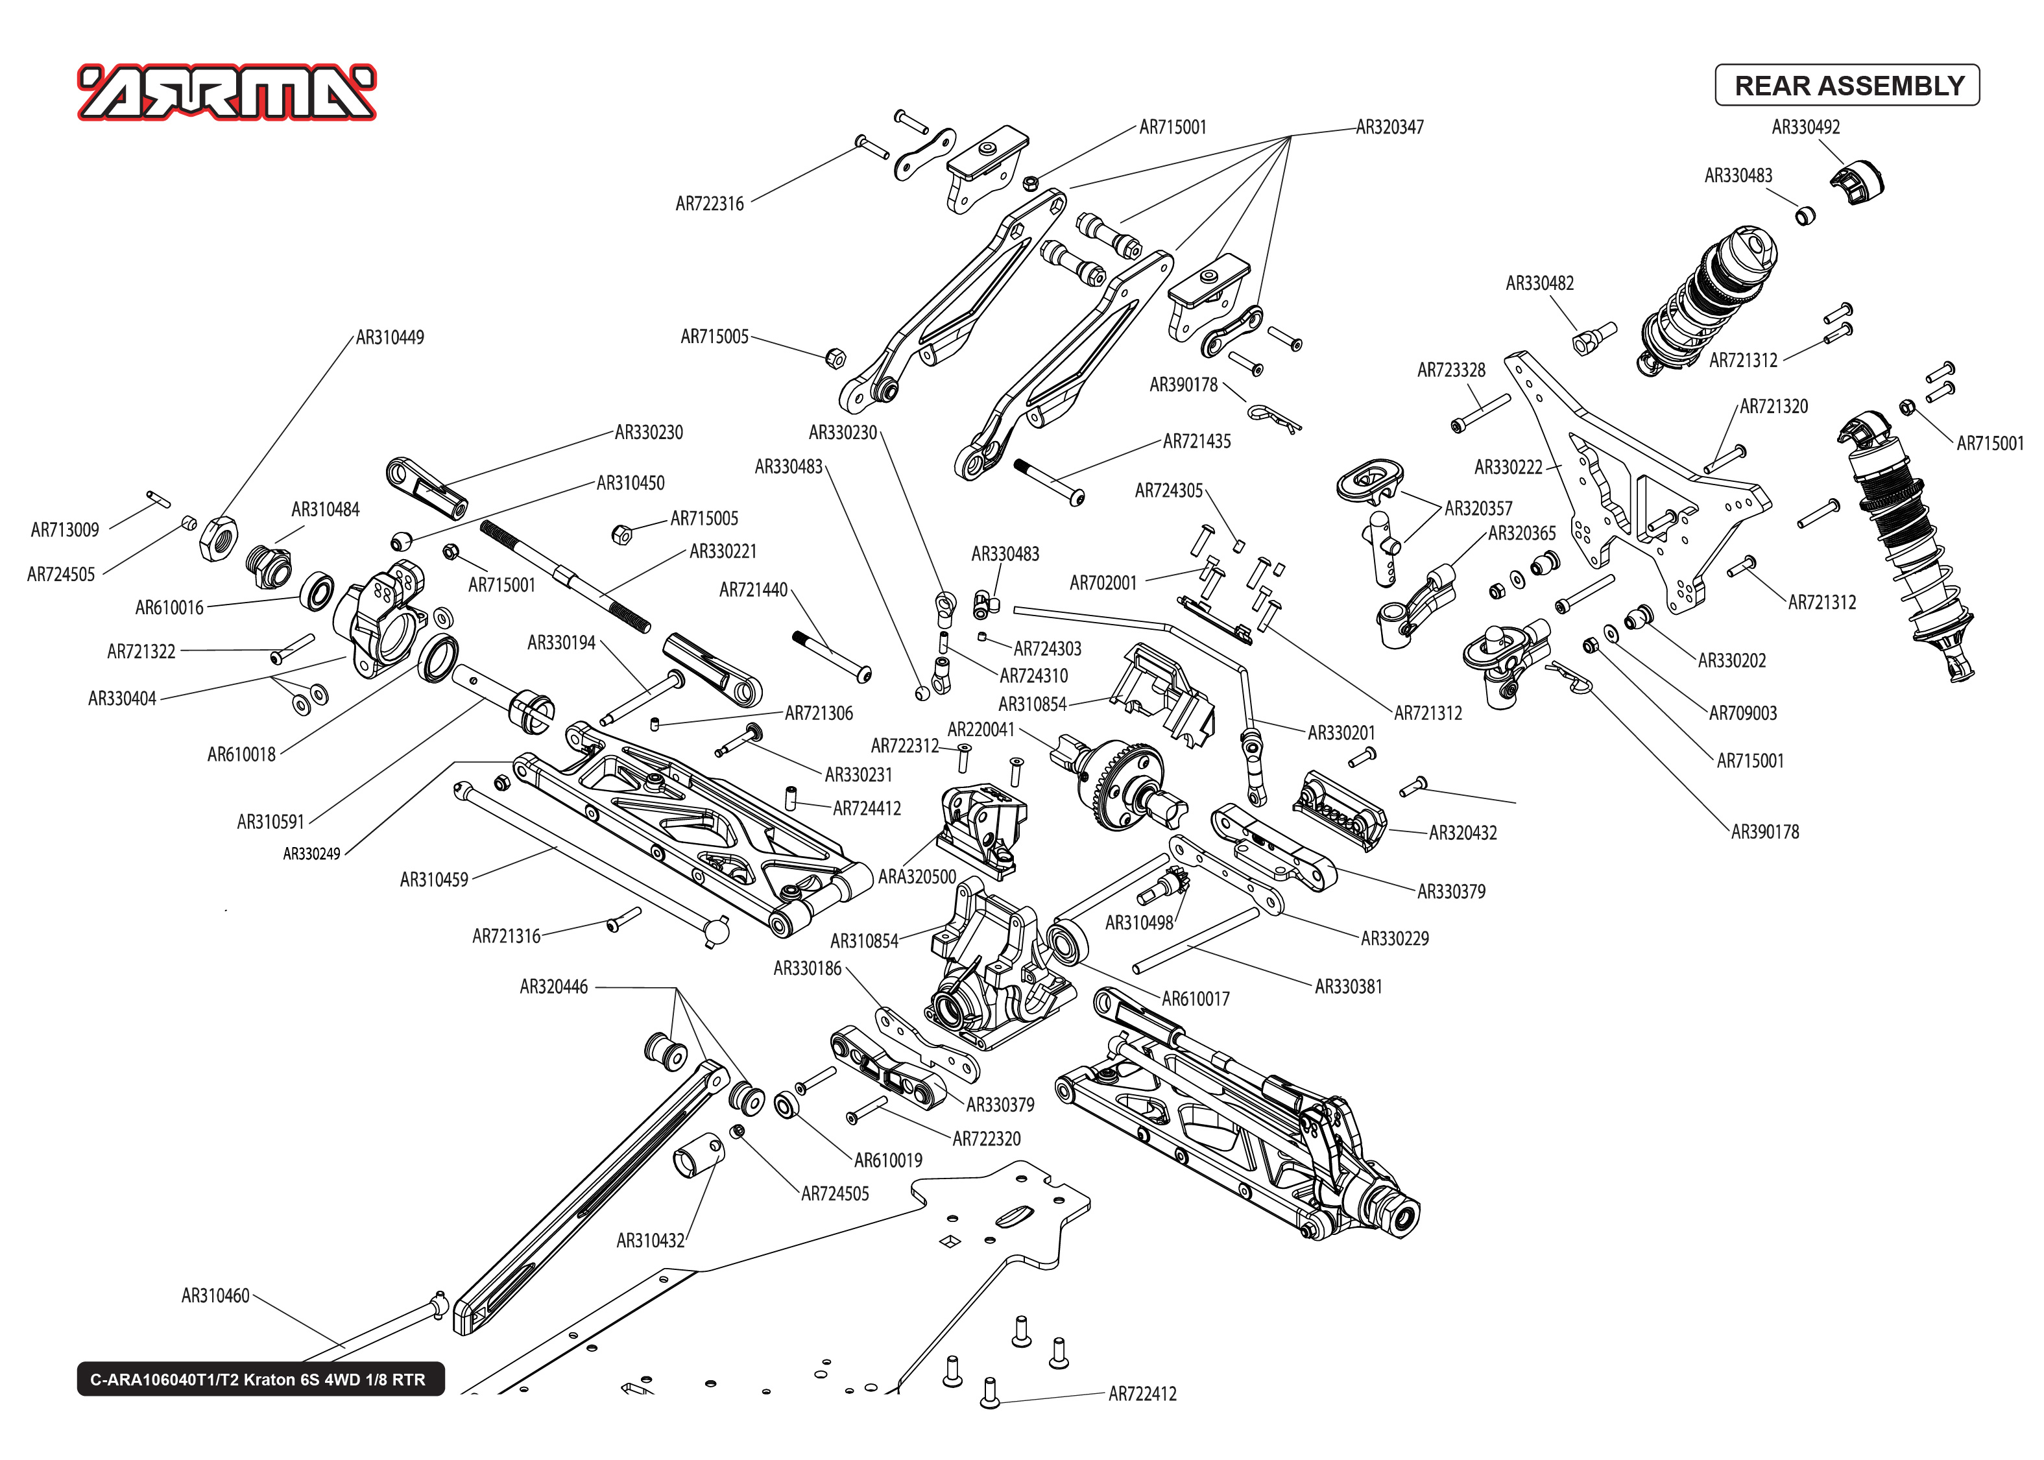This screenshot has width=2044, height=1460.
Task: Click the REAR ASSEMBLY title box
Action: [1847, 86]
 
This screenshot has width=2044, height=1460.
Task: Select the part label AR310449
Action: [389, 337]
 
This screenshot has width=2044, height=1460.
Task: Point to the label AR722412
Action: [1142, 1393]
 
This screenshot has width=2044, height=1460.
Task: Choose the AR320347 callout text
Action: [1389, 126]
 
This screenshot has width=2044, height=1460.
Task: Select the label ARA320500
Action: [916, 876]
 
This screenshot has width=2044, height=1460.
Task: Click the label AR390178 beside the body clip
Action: [1183, 385]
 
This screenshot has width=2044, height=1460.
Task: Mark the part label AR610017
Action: [1195, 998]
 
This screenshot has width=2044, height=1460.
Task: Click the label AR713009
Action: [65, 529]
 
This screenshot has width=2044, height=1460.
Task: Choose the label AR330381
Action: [1347, 987]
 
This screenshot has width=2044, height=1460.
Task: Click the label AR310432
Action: [650, 1241]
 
